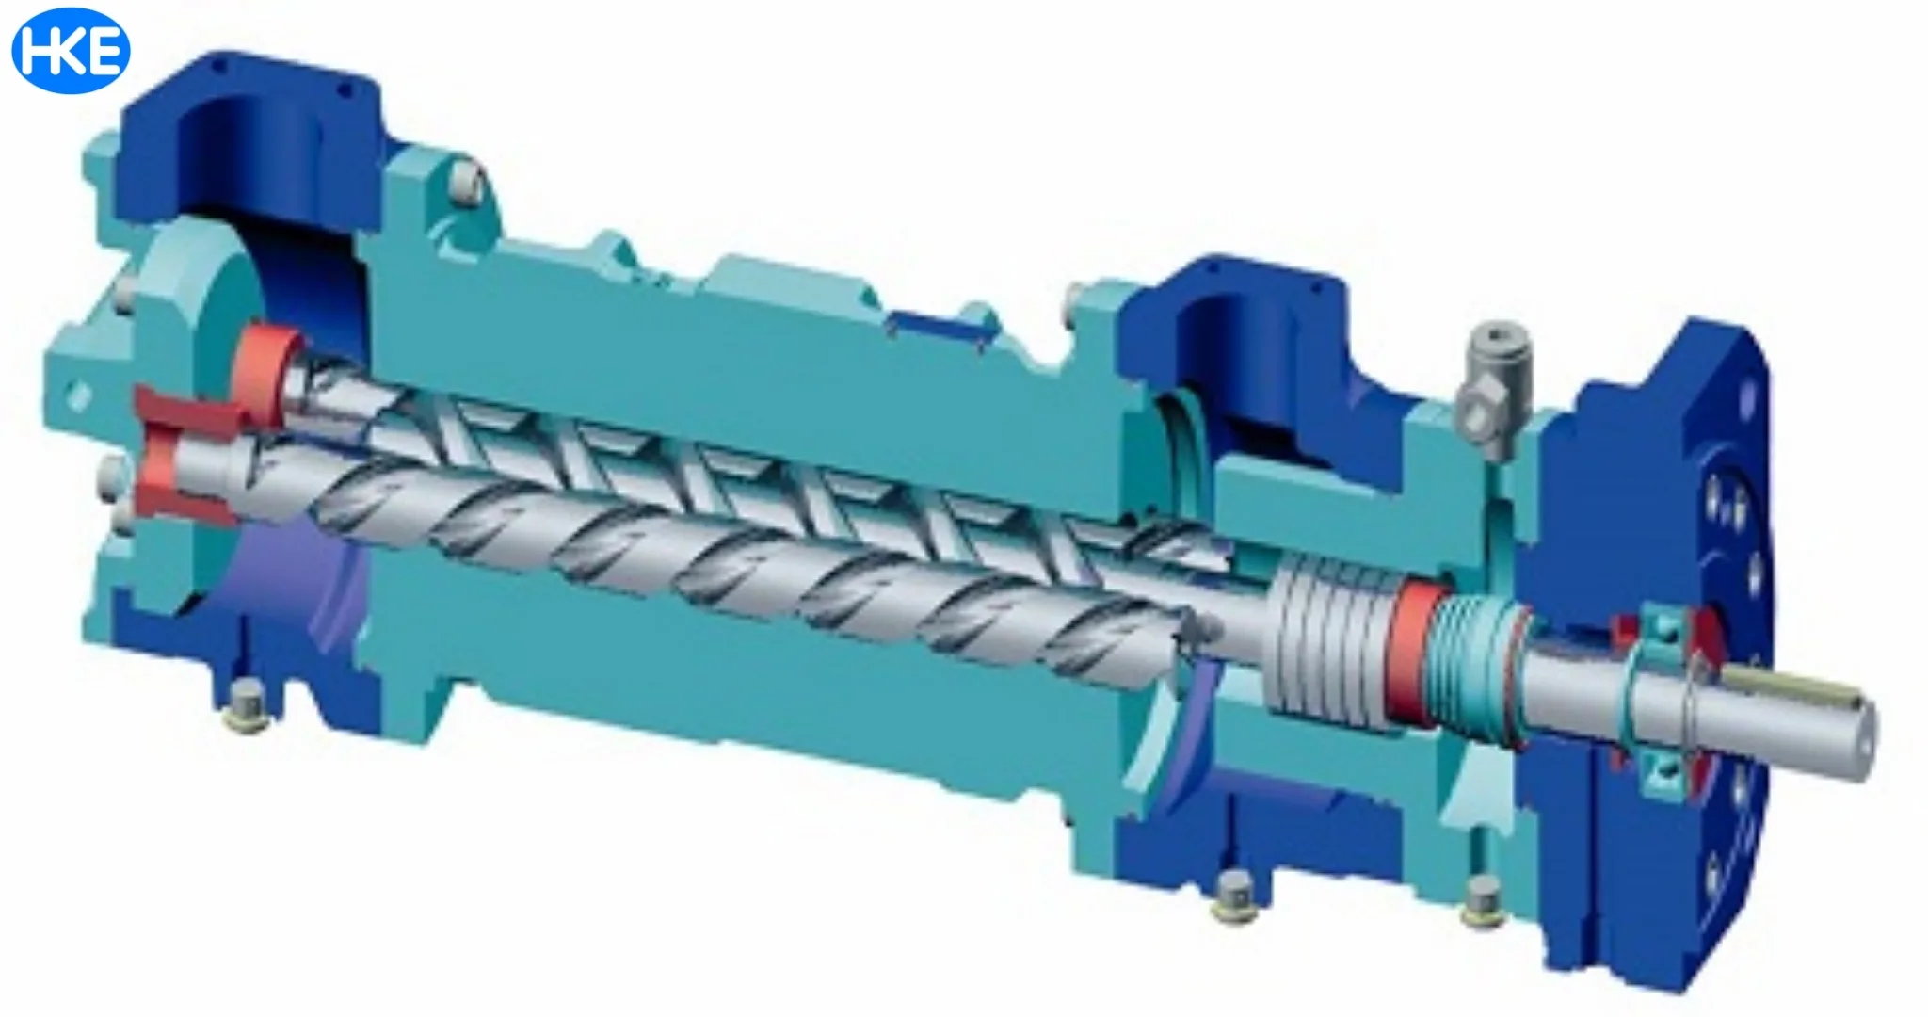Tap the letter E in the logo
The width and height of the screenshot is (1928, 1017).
pyautogui.click(x=106, y=51)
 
